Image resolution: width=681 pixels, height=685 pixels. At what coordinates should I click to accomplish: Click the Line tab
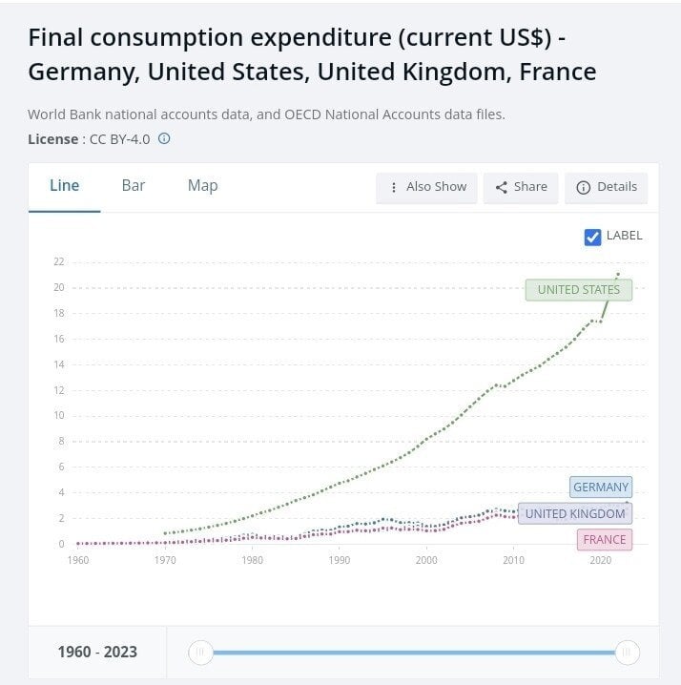pos(64,186)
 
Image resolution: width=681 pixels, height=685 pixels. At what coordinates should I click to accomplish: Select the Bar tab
pos(134,186)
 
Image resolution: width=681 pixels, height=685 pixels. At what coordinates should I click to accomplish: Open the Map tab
pos(203,186)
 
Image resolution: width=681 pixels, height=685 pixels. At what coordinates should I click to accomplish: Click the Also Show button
pos(426,187)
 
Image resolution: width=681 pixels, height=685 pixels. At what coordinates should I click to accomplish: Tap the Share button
pos(521,187)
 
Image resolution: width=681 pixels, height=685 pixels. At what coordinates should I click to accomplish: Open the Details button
pos(607,187)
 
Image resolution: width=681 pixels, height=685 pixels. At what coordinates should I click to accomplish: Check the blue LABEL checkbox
pos(592,238)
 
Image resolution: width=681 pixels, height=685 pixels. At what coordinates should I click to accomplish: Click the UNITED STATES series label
pos(578,290)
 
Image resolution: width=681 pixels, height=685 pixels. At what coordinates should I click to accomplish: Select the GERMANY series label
pos(601,487)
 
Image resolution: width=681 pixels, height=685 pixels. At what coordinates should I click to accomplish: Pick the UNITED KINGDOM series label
pos(575,513)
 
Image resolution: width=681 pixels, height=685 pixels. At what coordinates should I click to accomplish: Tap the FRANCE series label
pos(605,540)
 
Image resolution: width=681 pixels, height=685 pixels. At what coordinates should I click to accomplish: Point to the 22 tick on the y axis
pos(59,261)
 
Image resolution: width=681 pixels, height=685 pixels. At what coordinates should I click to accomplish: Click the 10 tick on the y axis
pos(59,415)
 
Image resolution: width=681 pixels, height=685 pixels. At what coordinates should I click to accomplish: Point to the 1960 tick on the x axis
pos(78,560)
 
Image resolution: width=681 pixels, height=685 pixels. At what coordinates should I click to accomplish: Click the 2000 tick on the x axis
pos(426,560)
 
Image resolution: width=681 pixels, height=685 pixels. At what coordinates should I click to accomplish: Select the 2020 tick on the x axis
pos(601,560)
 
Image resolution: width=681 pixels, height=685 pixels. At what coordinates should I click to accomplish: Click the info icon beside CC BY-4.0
pos(164,138)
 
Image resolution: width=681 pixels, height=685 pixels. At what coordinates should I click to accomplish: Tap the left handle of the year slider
pos(200,653)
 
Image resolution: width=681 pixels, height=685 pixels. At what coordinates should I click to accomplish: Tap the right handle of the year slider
pos(628,653)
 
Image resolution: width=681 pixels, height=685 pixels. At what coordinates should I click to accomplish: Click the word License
pos(52,139)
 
